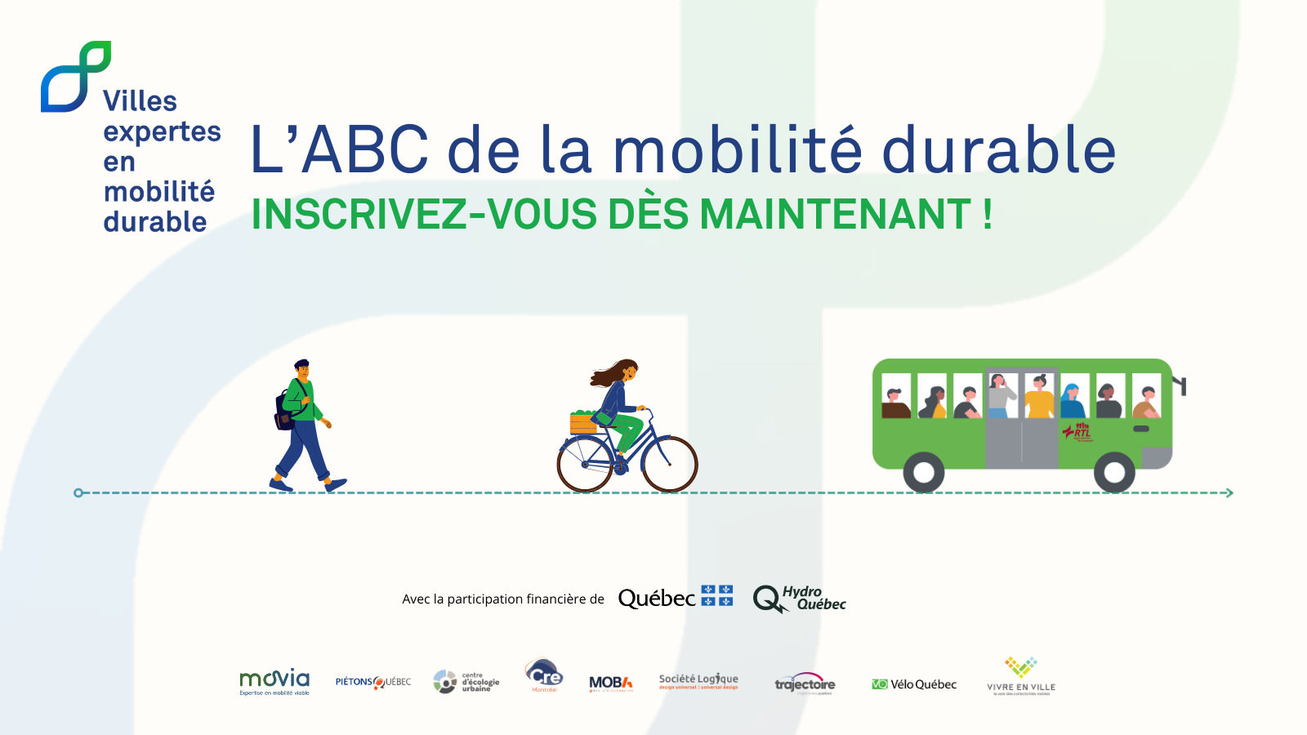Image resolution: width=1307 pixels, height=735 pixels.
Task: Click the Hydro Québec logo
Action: pos(799,599)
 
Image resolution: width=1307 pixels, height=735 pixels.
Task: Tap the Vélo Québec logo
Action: pos(914,684)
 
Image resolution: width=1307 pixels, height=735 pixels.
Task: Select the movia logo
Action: pos(274,682)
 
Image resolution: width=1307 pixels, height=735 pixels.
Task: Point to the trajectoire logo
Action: pos(805,684)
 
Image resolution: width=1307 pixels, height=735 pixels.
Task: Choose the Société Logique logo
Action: pos(698,681)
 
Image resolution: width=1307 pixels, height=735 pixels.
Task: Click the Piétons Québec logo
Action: pos(373,682)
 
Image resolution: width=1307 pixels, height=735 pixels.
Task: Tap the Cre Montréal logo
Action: pos(544,675)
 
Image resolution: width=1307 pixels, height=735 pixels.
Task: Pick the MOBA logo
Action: pos(611,684)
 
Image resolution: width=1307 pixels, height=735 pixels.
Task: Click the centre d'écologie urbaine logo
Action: pos(466,681)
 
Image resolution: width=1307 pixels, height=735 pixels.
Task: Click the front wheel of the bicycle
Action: pos(670,464)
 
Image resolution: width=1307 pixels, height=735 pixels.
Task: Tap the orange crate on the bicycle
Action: pos(583,424)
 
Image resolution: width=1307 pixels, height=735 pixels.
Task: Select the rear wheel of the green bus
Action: pos(924,472)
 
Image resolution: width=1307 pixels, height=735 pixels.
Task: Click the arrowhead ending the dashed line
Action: pos(1229,492)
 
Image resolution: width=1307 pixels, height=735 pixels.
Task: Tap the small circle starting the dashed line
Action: pos(78,492)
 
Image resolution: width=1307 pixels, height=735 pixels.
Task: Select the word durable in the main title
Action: pos(998,150)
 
